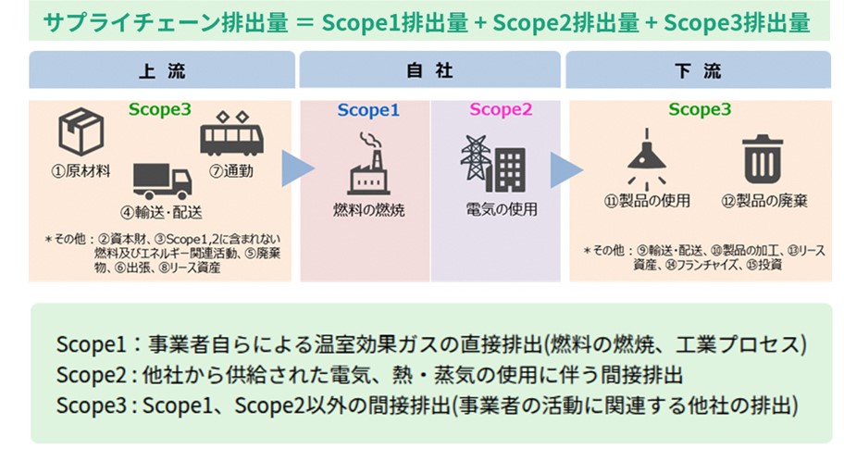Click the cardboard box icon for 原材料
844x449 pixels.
[81, 131]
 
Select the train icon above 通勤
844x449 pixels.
[231, 134]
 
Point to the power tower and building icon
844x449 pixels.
[492, 163]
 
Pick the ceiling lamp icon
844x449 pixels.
[647, 156]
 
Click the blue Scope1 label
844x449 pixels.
[368, 110]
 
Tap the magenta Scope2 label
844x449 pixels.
[501, 110]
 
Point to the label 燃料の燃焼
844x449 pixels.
[367, 209]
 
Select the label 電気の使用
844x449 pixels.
[501, 209]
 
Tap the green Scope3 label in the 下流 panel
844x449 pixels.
[701, 110]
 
